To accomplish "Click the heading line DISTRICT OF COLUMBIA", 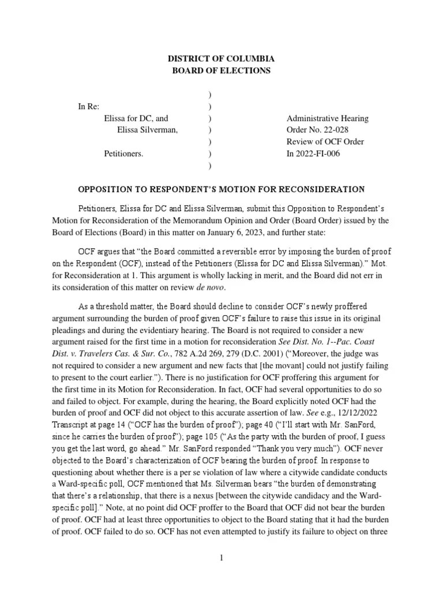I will coord(221,59).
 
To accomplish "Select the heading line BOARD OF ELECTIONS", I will coord(221,70).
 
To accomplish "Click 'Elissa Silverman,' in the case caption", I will coord(147,130).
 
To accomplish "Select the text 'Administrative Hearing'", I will coord(327,118).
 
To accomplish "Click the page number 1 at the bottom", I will coord(221,558).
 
